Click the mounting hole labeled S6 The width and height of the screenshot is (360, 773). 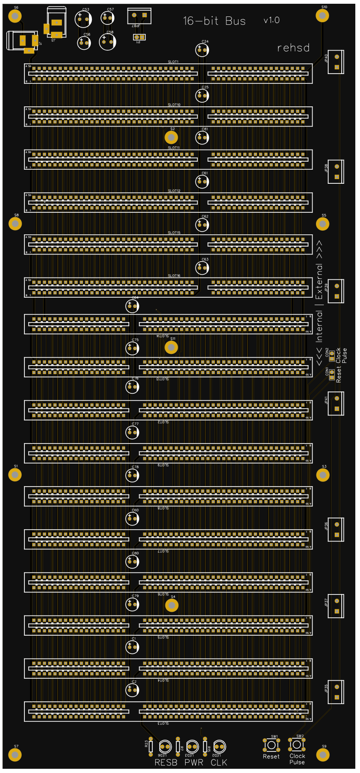(15, 16)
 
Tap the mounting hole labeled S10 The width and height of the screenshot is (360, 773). (322, 15)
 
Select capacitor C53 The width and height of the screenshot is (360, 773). (83, 19)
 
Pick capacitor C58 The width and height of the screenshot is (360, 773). (107, 42)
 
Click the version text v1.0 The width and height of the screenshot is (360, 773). (271, 20)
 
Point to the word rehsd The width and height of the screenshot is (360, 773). (293, 48)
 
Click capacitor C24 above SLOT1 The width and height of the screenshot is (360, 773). (202, 50)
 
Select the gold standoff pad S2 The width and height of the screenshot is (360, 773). (172, 137)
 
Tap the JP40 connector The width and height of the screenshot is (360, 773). (336, 62)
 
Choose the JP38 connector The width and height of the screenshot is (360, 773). (336, 172)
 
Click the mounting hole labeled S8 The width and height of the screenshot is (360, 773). (15, 224)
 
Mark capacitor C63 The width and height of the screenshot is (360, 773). (202, 268)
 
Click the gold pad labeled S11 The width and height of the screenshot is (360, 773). (172, 347)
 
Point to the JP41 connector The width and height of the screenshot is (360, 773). (336, 404)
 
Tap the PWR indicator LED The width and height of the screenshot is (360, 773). (192, 746)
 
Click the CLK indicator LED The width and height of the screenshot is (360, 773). (219, 746)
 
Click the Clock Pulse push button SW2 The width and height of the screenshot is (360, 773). (297, 744)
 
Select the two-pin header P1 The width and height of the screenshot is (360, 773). (139, 37)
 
